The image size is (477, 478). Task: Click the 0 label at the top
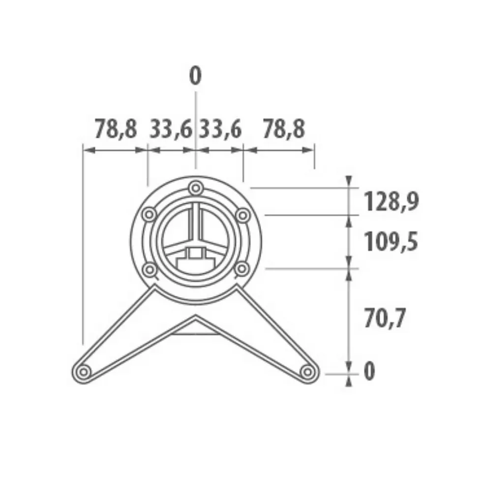pos(195,77)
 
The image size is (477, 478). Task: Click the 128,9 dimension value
pos(391,201)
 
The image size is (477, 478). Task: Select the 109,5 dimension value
pos(391,242)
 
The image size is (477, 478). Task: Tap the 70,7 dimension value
pos(385,319)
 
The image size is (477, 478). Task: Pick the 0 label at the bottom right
pos(369,371)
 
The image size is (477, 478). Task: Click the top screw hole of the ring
pos(196,188)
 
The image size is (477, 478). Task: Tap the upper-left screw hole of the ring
pos(149,215)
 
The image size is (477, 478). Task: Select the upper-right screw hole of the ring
pos(242,215)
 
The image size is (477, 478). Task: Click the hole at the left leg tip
pos(83,371)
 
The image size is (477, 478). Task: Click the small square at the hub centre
pos(196,254)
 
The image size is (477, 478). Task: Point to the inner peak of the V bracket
pos(196,316)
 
